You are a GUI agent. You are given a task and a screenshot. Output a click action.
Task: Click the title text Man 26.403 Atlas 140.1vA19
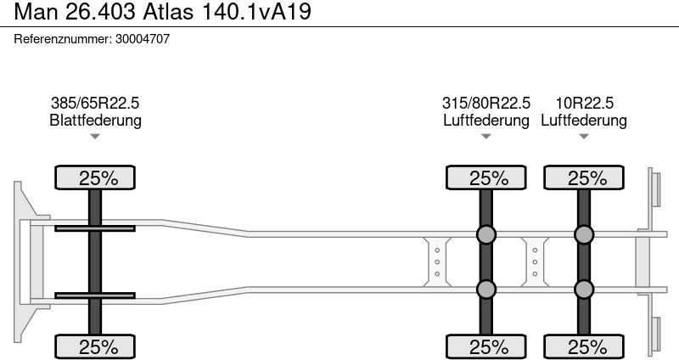162,11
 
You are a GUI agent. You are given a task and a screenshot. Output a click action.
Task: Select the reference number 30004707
143,39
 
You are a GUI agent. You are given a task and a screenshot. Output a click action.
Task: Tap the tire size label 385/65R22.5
95,103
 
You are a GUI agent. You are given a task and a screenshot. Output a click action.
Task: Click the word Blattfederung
95,120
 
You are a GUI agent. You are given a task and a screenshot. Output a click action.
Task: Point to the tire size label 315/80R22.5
485,103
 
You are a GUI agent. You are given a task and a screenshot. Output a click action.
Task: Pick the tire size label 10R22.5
584,103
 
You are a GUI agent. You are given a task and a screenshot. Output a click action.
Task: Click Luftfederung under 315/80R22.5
485,120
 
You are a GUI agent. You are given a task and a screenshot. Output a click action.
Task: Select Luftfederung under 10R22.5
584,120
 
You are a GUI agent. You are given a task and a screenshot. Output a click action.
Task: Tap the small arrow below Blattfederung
95,137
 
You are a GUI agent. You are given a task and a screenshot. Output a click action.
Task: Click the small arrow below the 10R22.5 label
584,137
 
